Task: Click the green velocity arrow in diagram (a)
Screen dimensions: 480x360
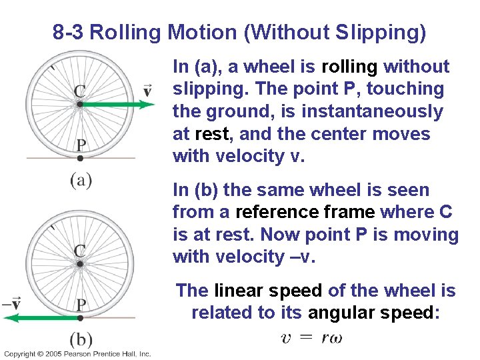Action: click(x=117, y=104)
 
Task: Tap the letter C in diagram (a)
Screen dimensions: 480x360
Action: click(x=79, y=91)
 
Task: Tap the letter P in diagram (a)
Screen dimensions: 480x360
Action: click(x=80, y=145)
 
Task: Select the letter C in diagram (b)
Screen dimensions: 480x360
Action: click(x=79, y=250)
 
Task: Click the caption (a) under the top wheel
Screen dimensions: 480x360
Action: click(x=81, y=180)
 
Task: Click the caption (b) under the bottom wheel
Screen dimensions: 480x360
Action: click(x=81, y=339)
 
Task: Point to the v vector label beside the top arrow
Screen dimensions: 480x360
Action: click(x=147, y=89)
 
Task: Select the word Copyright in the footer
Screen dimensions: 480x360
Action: click(x=18, y=354)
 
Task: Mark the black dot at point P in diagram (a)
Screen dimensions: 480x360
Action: click(x=80, y=159)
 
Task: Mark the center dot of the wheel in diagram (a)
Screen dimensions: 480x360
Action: click(x=79, y=104)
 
